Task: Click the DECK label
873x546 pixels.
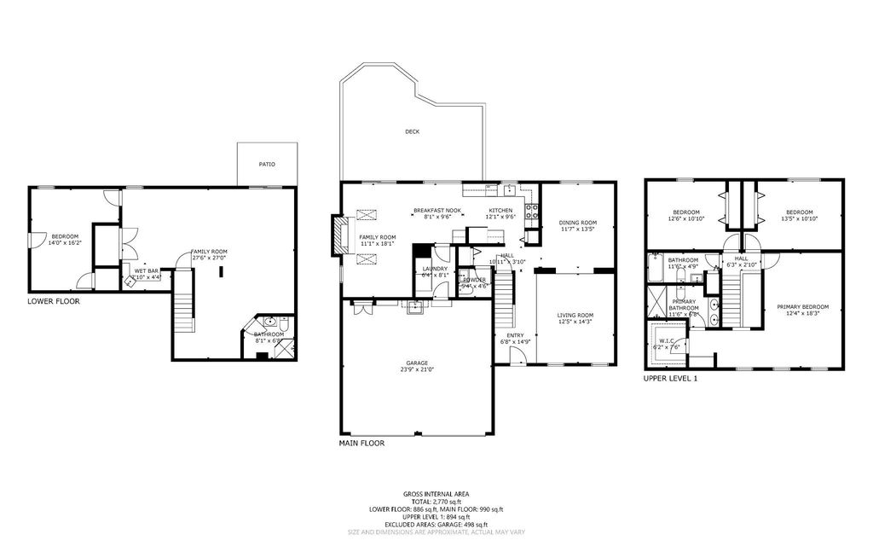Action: click(413, 131)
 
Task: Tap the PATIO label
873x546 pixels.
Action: click(267, 164)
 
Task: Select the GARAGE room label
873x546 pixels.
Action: click(417, 363)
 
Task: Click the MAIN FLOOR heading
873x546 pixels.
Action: click(362, 444)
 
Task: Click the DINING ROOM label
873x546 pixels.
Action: click(577, 222)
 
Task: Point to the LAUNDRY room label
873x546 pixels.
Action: click(435, 268)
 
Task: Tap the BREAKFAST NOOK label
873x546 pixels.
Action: click(436, 211)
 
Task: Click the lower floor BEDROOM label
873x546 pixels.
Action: click(65, 236)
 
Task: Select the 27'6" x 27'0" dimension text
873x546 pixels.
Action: click(209, 258)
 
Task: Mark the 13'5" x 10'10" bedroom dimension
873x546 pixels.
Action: click(799, 219)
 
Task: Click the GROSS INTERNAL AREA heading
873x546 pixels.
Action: click(436, 494)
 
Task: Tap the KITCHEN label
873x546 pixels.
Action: click(500, 211)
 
